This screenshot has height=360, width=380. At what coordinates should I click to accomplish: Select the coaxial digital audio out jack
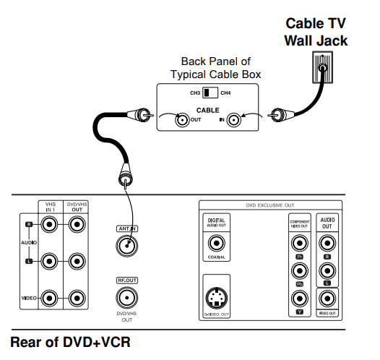click(x=217, y=241)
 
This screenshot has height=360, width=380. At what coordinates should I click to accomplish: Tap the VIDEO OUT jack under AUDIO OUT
click(x=327, y=299)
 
